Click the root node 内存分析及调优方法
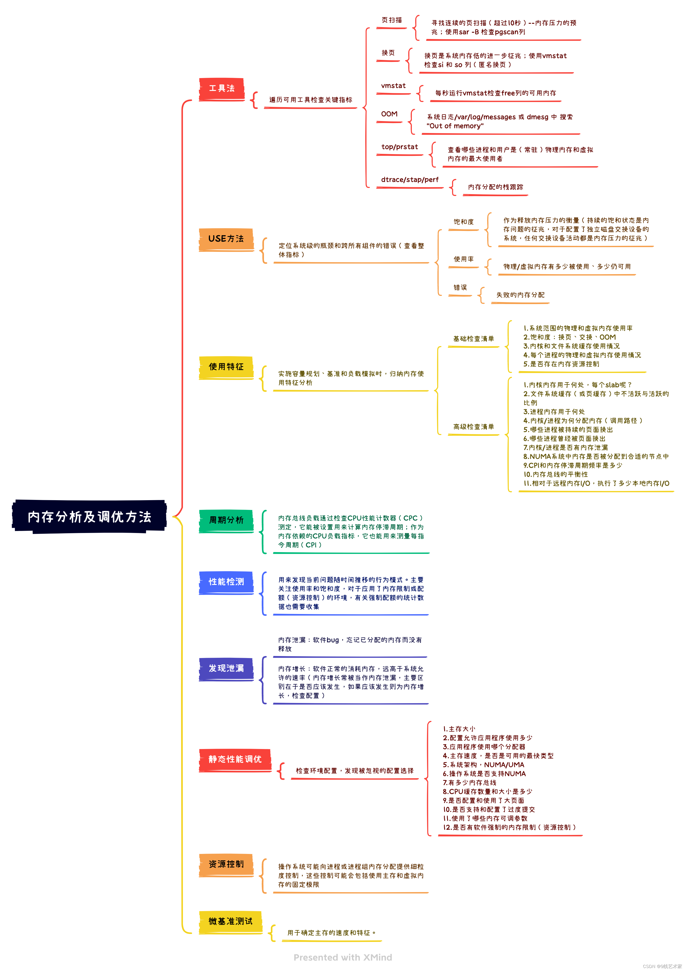coord(89,516)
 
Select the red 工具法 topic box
coord(222,88)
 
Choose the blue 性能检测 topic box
coord(226,582)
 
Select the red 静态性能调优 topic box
coord(235,759)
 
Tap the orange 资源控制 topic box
coord(226,864)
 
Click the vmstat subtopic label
coord(393,86)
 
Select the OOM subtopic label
coord(389,114)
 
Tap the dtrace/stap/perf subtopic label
coord(409,180)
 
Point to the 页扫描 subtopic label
coord(392,20)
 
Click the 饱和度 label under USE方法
coord(464,222)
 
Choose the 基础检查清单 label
coord(473,339)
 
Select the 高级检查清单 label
coord(473,427)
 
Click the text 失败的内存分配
coord(520,295)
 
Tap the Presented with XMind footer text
coord(343,958)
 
